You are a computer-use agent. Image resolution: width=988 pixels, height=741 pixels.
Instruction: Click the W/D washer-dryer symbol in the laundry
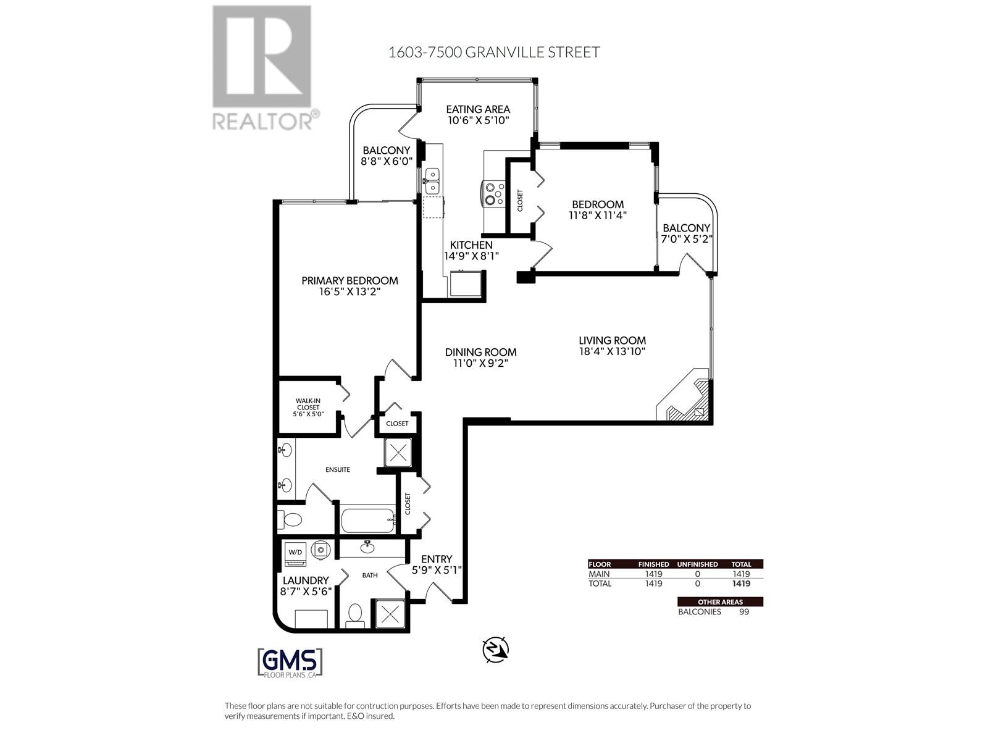[x=295, y=552]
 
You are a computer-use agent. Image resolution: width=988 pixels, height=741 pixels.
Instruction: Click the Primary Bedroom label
[x=350, y=280]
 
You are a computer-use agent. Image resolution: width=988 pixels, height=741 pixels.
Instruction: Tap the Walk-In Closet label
[x=308, y=404]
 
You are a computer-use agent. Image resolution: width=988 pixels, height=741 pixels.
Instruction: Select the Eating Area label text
[x=478, y=109]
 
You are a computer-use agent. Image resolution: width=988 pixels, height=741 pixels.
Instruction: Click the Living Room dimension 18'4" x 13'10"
[x=612, y=351]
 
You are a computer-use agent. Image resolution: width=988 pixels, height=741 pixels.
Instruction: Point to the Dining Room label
[x=480, y=352]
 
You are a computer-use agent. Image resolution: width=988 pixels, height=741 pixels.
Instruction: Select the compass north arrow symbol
[x=496, y=649]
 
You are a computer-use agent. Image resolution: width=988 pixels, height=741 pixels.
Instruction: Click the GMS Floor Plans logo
[x=290, y=663]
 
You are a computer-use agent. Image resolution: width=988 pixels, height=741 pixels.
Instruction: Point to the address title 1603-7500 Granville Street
[x=493, y=52]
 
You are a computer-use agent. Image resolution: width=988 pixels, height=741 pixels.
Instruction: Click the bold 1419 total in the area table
[x=741, y=584]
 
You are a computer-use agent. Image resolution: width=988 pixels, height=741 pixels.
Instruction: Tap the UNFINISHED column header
[x=697, y=564]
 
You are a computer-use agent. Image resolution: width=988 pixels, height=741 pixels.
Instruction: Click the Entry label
[x=437, y=559]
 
